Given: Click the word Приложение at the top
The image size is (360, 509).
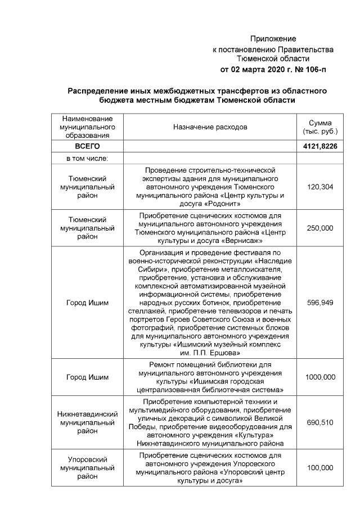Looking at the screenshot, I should (273, 39).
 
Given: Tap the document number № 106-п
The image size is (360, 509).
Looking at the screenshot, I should (308, 69).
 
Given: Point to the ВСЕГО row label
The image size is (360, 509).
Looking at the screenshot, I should (87, 147).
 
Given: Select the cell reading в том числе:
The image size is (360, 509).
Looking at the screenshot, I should (87, 159).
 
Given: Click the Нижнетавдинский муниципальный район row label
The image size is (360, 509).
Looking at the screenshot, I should (87, 422).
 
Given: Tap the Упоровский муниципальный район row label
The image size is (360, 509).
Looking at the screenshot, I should (87, 467).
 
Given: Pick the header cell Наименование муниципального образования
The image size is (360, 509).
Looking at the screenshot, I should (87, 128).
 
